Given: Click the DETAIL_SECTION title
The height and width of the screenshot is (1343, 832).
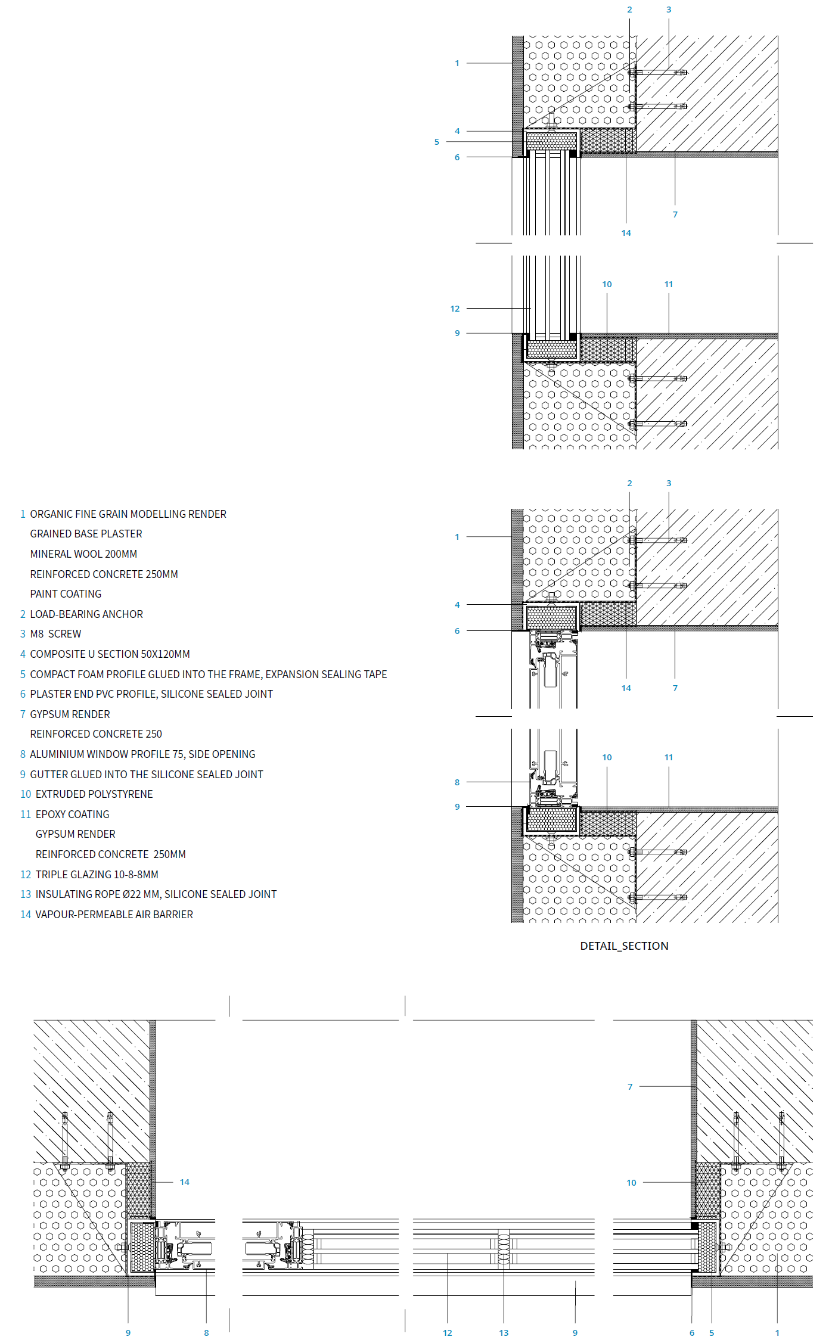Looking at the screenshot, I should (x=624, y=946).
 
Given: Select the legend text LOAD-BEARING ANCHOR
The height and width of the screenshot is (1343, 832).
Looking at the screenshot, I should (x=86, y=614).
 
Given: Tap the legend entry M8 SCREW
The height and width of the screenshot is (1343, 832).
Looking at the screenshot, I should (x=55, y=634).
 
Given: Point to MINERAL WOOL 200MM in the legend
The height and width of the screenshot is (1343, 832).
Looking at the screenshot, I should (x=83, y=554).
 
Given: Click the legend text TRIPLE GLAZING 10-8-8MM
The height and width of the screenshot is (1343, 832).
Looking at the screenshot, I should (x=97, y=874).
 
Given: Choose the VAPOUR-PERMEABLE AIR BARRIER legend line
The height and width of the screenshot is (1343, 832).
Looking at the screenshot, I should (x=114, y=914).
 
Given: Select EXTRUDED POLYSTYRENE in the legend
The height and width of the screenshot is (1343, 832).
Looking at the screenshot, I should (x=94, y=794).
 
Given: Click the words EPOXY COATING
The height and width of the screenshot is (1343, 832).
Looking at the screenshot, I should (x=72, y=814).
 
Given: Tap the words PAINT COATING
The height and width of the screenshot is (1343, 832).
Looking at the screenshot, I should (x=66, y=593).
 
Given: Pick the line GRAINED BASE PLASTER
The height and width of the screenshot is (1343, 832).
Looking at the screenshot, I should (x=86, y=533).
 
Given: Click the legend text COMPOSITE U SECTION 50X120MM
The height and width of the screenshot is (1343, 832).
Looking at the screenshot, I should (x=110, y=654).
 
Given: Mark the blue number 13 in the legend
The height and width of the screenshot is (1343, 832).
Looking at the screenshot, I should (x=26, y=894).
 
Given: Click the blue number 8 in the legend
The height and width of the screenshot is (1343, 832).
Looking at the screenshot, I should (x=23, y=754).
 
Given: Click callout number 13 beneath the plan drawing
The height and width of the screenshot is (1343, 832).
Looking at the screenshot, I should (x=504, y=1333).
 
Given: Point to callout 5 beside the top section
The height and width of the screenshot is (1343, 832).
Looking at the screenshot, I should (x=436, y=142).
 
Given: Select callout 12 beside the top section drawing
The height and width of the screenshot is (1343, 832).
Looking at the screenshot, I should (x=455, y=309).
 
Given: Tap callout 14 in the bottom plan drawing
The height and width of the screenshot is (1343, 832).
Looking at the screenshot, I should (x=185, y=1182).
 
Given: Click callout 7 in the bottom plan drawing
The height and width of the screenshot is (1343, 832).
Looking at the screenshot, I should (x=630, y=1087).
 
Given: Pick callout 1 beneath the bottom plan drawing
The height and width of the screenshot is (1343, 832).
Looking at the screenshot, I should (x=777, y=1333).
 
